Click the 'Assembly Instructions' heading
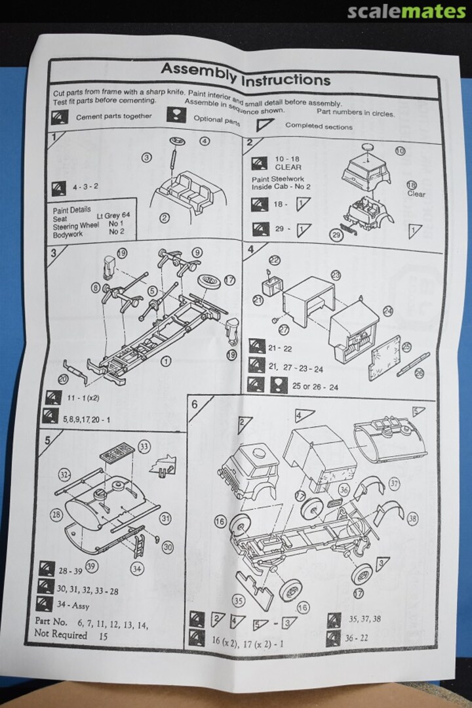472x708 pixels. (x=245, y=74)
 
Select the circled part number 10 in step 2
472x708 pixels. (x=401, y=151)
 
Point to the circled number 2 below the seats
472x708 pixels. (x=165, y=218)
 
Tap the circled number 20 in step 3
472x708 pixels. (x=63, y=378)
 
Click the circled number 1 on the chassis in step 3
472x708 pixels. (x=165, y=360)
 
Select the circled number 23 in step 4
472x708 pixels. (x=336, y=275)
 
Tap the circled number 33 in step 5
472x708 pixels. (x=144, y=446)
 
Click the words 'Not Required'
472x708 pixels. (x=60, y=635)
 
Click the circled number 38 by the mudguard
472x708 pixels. (x=412, y=518)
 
